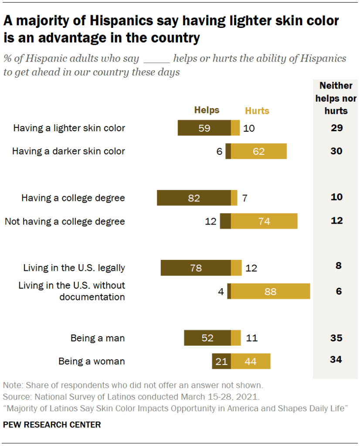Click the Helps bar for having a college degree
pyautogui.click(x=194, y=198)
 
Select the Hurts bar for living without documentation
pyautogui.click(x=270, y=291)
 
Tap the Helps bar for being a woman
pyautogui.click(x=221, y=361)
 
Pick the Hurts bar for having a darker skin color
pyautogui.click(x=258, y=151)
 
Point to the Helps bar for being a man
pyautogui.click(x=207, y=338)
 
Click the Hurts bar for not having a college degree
pyautogui.click(x=264, y=221)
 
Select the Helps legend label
pyautogui.click(x=207, y=110)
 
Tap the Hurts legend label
pyautogui.click(x=257, y=111)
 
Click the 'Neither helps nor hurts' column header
pyautogui.click(x=336, y=98)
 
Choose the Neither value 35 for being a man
pyautogui.click(x=336, y=338)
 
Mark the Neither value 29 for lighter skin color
pyautogui.click(x=336, y=128)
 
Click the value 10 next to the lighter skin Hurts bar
pyautogui.click(x=249, y=128)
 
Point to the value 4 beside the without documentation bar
pyautogui.click(x=221, y=291)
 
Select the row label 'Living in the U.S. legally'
pyautogui.click(x=74, y=268)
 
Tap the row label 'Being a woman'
pyautogui.click(x=92, y=361)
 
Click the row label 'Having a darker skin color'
pyautogui.click(x=68, y=151)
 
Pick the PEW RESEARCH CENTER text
pyautogui.click(x=52, y=424)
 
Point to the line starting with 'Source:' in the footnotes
pyautogui.click(x=131, y=397)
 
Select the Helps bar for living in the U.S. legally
pyautogui.click(x=196, y=268)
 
